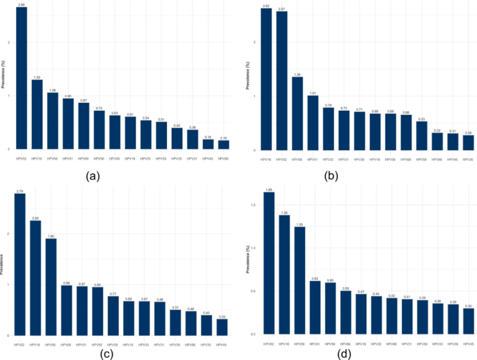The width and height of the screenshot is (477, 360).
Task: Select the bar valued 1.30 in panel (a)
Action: click(37, 114)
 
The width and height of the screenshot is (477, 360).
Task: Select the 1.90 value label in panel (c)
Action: click(51, 236)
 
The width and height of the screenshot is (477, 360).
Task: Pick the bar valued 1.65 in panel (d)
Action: click(269, 263)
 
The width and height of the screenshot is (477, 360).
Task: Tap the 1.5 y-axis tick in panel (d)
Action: click(253, 205)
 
